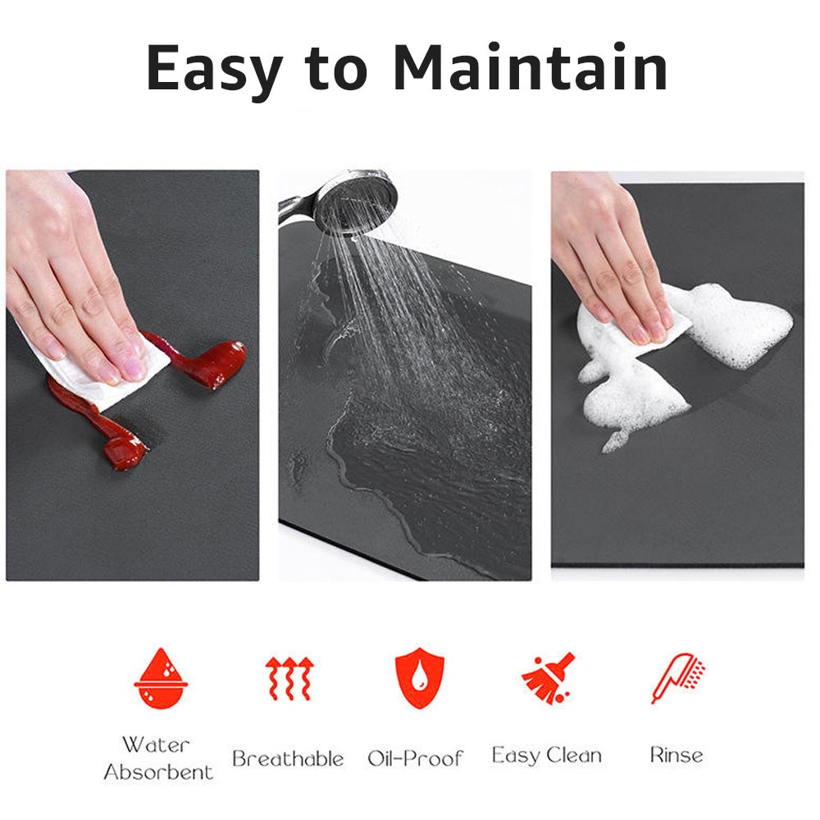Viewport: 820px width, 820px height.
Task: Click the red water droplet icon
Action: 160,678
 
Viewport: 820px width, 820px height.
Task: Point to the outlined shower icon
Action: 677,677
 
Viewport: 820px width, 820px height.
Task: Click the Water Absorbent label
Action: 157,758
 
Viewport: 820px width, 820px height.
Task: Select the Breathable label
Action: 287,758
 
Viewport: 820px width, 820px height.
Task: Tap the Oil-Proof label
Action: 415,758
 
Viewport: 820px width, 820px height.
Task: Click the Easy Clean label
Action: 546,755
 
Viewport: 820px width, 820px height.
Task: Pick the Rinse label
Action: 676,754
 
